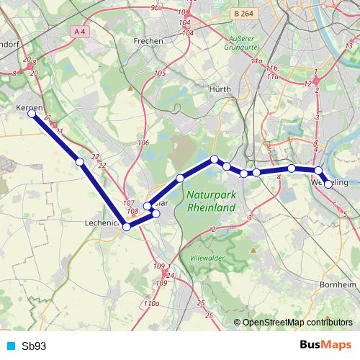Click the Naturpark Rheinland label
pos(211,201)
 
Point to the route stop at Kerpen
pos(32,114)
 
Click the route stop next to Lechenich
pos(127,227)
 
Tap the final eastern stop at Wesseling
pos(329,184)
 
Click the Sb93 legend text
pos(34,346)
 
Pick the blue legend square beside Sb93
pos(10,346)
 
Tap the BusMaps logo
pos(325,345)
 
